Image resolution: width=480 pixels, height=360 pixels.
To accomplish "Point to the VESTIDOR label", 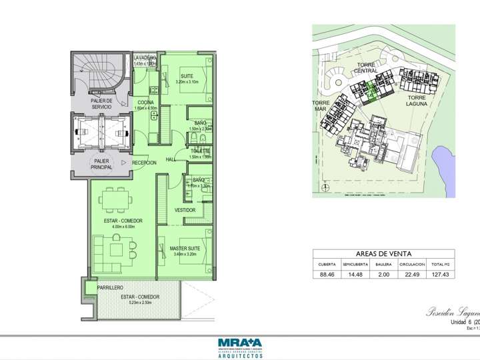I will pyautogui.click(x=185, y=210).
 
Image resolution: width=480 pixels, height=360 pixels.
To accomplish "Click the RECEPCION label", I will pyautogui.click(x=144, y=163).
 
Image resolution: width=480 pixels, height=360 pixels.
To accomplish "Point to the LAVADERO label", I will pyautogui.click(x=145, y=58).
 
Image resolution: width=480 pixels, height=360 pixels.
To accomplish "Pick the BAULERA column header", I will pyautogui.click(x=383, y=264).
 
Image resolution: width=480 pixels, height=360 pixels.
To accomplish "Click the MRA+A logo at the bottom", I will pyautogui.click(x=239, y=345).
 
